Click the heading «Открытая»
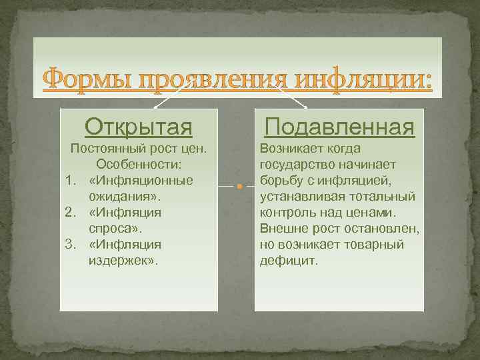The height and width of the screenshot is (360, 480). point(139,127)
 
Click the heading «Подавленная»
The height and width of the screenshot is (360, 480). point(339,127)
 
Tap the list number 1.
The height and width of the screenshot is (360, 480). point(69,180)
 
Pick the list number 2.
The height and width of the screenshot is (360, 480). point(69,212)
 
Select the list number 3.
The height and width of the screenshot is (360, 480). point(69,244)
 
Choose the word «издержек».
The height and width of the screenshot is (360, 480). point(121,260)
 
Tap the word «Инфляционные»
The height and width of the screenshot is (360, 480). point(145,180)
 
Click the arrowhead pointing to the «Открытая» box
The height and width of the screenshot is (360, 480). point(155,107)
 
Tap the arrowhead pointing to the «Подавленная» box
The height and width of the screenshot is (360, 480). point(305,107)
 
